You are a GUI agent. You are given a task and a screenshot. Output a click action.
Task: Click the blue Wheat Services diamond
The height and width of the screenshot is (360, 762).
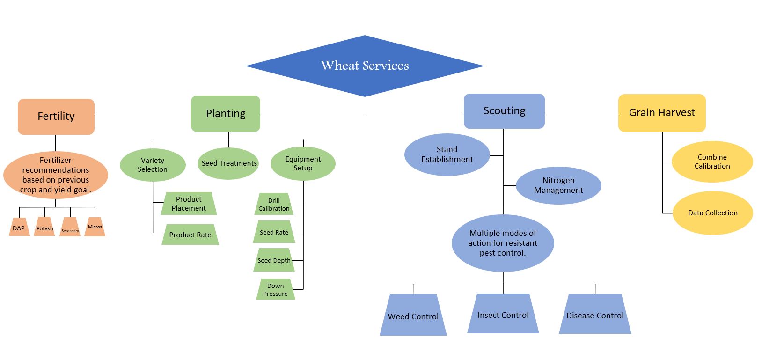365,66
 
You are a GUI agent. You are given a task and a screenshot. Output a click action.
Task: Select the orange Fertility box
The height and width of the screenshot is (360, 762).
56,117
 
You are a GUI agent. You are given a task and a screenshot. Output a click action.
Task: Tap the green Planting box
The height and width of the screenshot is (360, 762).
226,114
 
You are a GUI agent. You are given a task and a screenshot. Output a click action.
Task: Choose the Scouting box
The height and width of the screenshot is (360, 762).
504,111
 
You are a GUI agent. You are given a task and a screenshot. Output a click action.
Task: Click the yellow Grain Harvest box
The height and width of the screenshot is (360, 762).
662,113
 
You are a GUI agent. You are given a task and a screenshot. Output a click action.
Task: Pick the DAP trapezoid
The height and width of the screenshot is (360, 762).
19,228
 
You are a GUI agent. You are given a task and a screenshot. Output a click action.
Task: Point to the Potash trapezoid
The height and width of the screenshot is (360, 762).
45,228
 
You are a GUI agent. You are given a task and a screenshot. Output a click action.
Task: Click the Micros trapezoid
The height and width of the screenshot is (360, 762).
95,227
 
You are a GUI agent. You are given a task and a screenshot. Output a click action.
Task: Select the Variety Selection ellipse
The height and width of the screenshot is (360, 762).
153,165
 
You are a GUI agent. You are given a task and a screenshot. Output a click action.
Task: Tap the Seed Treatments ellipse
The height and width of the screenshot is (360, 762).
228,163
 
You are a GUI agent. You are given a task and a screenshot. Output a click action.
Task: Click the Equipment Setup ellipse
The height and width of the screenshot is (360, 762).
303,163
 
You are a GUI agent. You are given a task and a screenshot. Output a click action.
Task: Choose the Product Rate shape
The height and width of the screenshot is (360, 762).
190,235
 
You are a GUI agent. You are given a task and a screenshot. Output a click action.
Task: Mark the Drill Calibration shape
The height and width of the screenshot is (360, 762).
274,205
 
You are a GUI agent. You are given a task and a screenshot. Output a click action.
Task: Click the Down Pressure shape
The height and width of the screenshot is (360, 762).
275,290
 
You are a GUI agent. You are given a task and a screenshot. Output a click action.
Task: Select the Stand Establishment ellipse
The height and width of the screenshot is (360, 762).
447,154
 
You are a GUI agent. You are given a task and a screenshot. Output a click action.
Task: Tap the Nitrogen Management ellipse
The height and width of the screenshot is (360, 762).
558,185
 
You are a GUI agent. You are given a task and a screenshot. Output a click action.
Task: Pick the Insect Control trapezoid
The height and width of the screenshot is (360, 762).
503,315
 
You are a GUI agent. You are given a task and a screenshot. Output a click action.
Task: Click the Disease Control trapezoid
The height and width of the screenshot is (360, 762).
595,315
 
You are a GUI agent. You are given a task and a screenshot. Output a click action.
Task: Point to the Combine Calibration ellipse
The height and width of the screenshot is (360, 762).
712,162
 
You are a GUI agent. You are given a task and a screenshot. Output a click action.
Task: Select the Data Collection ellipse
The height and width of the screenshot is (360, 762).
712,213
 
